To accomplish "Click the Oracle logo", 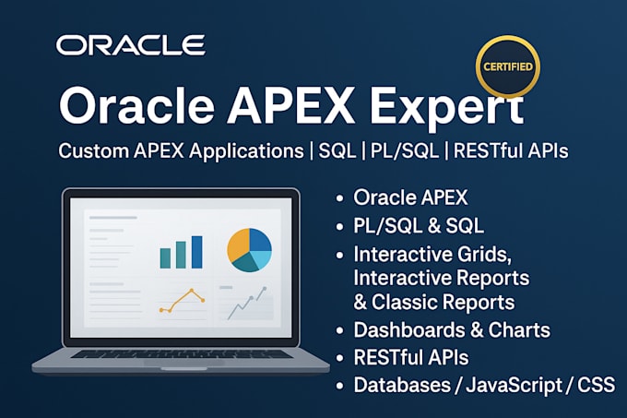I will coord(130,44).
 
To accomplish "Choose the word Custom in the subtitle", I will coord(90,150).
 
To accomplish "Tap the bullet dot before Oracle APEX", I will coord(341,198).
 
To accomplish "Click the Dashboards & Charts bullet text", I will coord(452,329).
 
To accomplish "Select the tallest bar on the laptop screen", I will coord(195,251).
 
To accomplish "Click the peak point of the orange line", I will coord(193,292).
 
